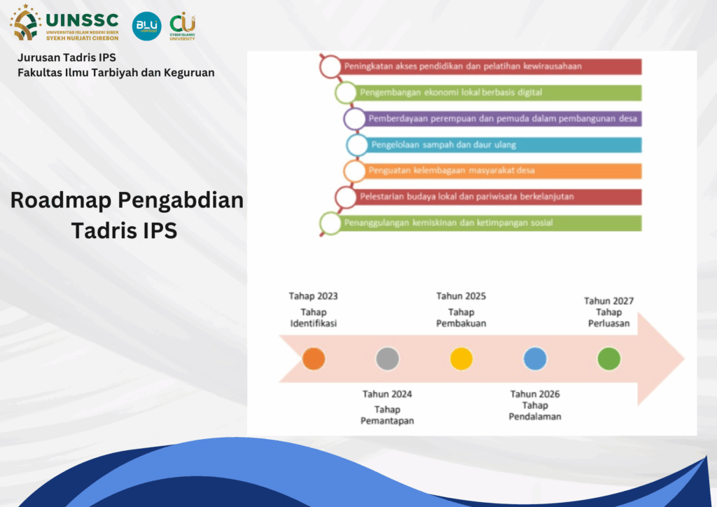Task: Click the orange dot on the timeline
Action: (x=314, y=359)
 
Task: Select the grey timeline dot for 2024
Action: (x=387, y=359)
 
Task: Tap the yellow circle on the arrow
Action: (x=461, y=359)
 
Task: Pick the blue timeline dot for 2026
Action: (x=535, y=359)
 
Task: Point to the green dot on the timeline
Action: (x=609, y=359)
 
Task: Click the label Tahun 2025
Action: (x=461, y=296)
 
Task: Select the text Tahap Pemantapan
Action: (x=387, y=415)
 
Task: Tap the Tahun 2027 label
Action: (x=608, y=301)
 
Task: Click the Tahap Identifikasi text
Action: (x=313, y=318)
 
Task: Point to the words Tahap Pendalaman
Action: (x=535, y=411)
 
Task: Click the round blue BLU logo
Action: (x=147, y=26)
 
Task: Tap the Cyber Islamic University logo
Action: (x=183, y=27)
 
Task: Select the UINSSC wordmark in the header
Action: (x=83, y=20)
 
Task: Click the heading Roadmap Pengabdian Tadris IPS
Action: (x=127, y=215)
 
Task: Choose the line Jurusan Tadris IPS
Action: (x=67, y=57)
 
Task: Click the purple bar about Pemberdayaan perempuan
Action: (x=498, y=119)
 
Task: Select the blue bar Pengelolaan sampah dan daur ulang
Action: (x=499, y=145)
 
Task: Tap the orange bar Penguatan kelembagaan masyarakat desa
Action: (x=498, y=171)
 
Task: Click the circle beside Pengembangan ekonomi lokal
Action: (x=346, y=93)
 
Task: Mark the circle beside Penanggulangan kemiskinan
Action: (x=330, y=223)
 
